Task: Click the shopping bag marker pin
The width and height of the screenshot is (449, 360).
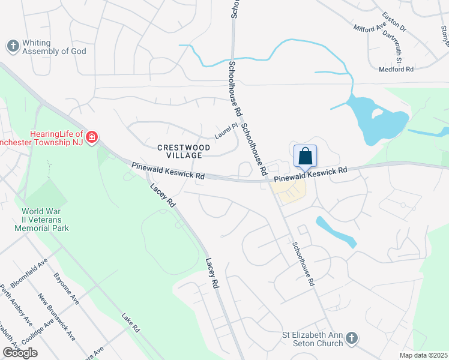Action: click(305, 156)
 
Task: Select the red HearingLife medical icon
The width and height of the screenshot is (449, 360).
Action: click(91, 138)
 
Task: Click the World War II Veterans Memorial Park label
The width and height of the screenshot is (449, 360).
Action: click(45, 220)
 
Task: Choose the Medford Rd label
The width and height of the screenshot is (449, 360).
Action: click(396, 70)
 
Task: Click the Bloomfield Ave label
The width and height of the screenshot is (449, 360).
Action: click(29, 273)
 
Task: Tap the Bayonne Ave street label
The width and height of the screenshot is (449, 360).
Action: click(65, 289)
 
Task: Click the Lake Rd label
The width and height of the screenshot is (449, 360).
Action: click(130, 323)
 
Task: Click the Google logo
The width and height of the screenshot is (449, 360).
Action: click(20, 353)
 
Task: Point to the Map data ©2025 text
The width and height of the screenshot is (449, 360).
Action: click(423, 355)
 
